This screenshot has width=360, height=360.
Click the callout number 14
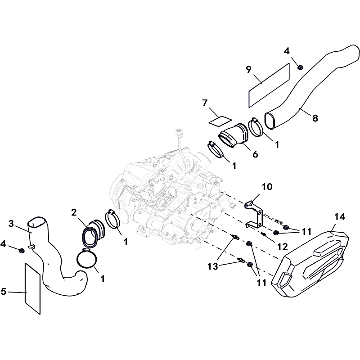340,217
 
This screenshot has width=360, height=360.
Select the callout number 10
267,187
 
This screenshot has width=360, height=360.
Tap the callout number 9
249,70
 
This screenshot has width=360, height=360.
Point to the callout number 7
205,103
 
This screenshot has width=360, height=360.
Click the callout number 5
4,291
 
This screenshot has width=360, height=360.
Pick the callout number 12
283,247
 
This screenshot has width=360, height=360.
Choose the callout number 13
212,266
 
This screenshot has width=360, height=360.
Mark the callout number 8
315,118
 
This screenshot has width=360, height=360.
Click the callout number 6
255,154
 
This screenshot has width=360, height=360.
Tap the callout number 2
74,212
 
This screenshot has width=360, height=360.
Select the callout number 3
11,224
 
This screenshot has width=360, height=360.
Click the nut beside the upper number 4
300,67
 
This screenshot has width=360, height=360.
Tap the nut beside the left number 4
22,251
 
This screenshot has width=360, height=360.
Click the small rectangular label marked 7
220,121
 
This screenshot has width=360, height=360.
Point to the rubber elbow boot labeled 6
233,135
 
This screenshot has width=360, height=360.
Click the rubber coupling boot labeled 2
93,234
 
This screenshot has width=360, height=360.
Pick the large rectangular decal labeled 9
269,85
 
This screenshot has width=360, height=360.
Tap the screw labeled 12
263,234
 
